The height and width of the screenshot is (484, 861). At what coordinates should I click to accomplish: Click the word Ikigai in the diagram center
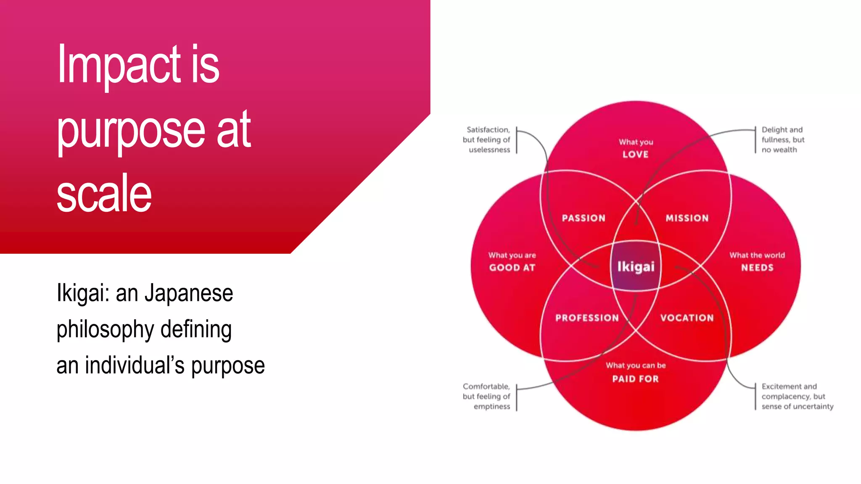pyautogui.click(x=636, y=267)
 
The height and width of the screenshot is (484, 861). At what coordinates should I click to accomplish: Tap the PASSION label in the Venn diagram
pyautogui.click(x=584, y=218)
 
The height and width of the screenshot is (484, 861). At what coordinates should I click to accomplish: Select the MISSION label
pyautogui.click(x=687, y=218)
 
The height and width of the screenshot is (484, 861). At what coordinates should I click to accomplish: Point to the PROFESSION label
pyautogui.click(x=587, y=318)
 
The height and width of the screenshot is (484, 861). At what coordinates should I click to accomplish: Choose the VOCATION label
pyautogui.click(x=687, y=318)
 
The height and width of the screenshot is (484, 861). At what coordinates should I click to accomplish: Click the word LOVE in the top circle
pyautogui.click(x=635, y=155)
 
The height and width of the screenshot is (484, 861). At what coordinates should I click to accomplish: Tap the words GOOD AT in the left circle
pyautogui.click(x=512, y=268)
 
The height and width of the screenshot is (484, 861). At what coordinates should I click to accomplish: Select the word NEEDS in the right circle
pyautogui.click(x=757, y=268)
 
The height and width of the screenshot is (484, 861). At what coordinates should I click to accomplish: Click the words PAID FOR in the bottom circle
pyautogui.click(x=635, y=379)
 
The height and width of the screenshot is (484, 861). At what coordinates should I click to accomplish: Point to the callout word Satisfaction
pyautogui.click(x=488, y=130)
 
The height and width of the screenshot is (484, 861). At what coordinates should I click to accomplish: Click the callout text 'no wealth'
pyautogui.click(x=779, y=150)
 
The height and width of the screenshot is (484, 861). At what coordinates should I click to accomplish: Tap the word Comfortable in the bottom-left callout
pyautogui.click(x=486, y=387)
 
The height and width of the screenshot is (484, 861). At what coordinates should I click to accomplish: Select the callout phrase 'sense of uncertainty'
pyautogui.click(x=797, y=407)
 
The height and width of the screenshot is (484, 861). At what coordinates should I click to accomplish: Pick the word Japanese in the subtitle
pyautogui.click(x=189, y=293)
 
